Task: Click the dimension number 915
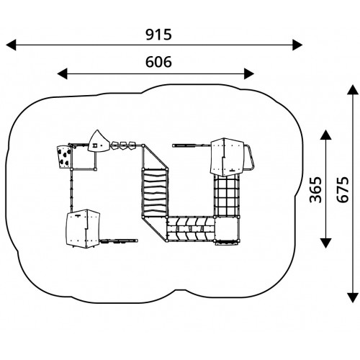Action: pyautogui.click(x=158, y=35)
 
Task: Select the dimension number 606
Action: pyautogui.click(x=158, y=62)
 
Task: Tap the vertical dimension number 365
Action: pyautogui.click(x=315, y=189)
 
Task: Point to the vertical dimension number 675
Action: pyautogui.click(x=342, y=189)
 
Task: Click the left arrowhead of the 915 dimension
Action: pyautogui.click(x=11, y=45)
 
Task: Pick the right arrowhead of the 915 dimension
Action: pyautogui.click(x=297, y=45)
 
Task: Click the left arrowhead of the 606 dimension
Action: pyautogui.click(x=62, y=73)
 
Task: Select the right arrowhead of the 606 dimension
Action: pyautogui.click(x=249, y=73)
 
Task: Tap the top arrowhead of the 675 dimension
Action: pyautogui.click(x=353, y=90)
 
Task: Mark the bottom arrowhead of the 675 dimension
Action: pyautogui.click(x=353, y=297)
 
